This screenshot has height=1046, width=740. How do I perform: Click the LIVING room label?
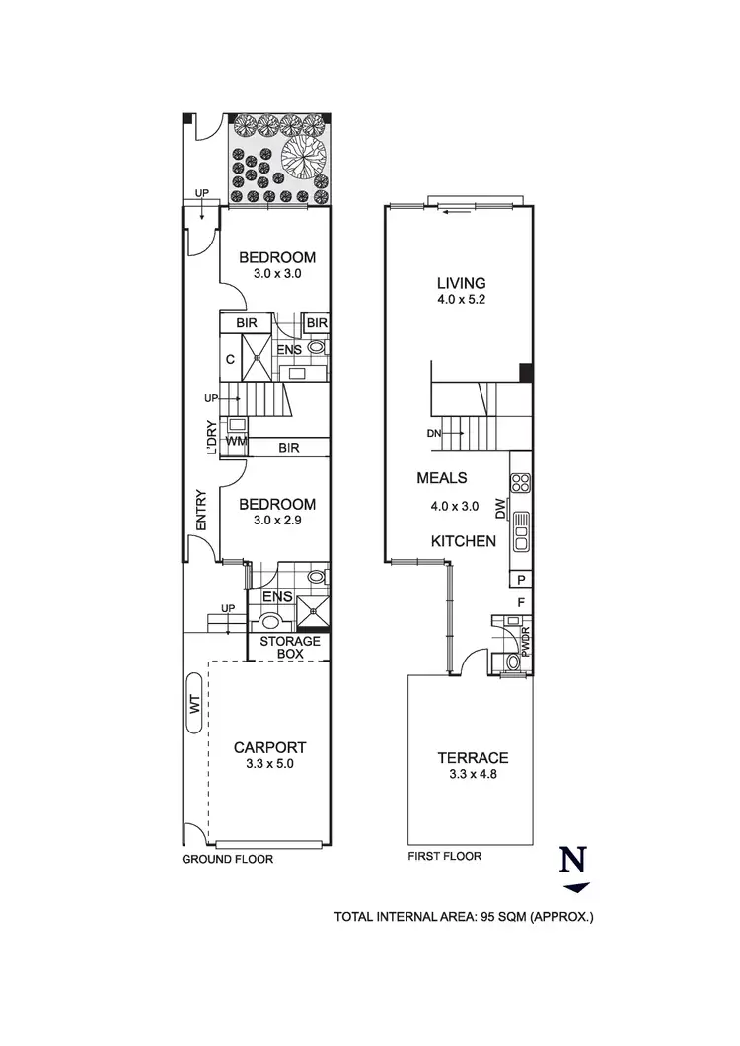tap(455, 280)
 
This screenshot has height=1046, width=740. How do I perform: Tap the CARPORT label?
tap(270, 746)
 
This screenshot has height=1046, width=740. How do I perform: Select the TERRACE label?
tap(473, 757)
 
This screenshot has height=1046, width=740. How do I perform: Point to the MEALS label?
tap(441, 478)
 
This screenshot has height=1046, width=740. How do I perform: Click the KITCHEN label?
tap(463, 541)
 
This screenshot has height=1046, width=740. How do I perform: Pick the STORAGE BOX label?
tap(289, 647)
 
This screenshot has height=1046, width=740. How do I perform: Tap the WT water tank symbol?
tap(193, 703)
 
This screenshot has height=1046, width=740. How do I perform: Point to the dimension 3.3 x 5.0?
tap(270, 763)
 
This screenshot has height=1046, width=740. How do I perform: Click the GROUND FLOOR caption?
tap(227, 859)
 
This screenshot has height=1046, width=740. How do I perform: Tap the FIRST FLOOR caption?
tap(444, 856)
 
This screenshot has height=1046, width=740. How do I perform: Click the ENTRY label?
tap(200, 512)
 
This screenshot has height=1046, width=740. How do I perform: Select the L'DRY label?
tap(210, 437)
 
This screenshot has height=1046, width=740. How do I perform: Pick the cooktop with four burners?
tap(520, 483)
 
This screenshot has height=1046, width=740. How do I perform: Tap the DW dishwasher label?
tap(500, 509)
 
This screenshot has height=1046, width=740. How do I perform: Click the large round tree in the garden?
tap(303, 155)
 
